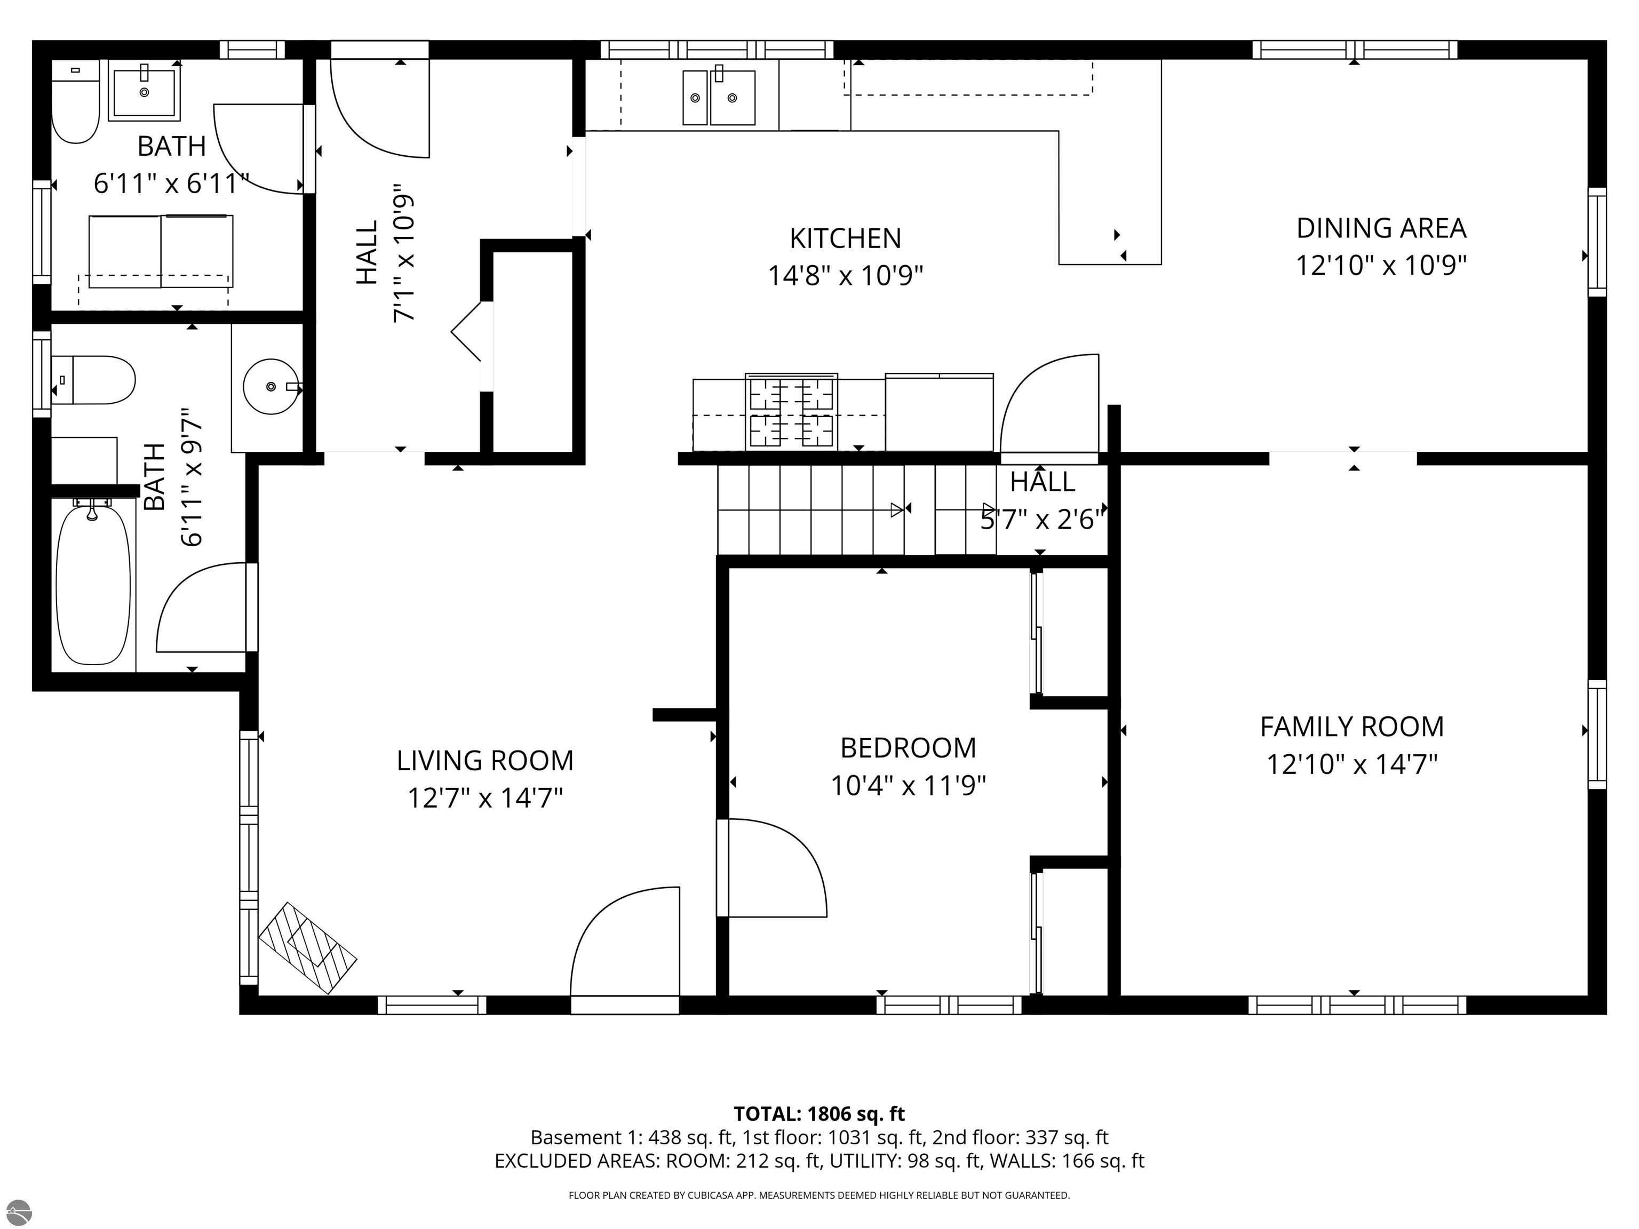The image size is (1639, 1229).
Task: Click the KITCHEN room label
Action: tap(846, 238)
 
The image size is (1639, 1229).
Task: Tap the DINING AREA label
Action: tap(1381, 228)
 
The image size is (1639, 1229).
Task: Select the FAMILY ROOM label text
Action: tap(1352, 727)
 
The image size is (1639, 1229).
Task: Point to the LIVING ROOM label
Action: tap(486, 761)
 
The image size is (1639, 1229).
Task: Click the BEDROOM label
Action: tap(909, 748)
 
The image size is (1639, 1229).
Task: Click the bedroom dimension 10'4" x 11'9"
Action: tap(909, 785)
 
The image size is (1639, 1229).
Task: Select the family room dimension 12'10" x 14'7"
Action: tap(1352, 764)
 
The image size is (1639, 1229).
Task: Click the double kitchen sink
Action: tap(719, 97)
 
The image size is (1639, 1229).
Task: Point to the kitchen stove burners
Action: tap(791, 412)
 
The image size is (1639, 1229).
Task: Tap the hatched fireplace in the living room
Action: tap(307, 947)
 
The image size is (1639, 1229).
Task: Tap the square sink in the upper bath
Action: tap(145, 91)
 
